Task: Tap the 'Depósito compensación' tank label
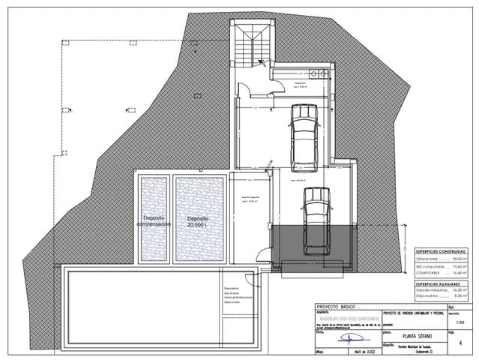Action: tap(154, 220)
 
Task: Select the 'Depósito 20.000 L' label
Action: tap(197, 221)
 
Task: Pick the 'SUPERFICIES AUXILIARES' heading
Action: tap(440, 284)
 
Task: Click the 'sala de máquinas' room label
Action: tap(249, 199)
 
